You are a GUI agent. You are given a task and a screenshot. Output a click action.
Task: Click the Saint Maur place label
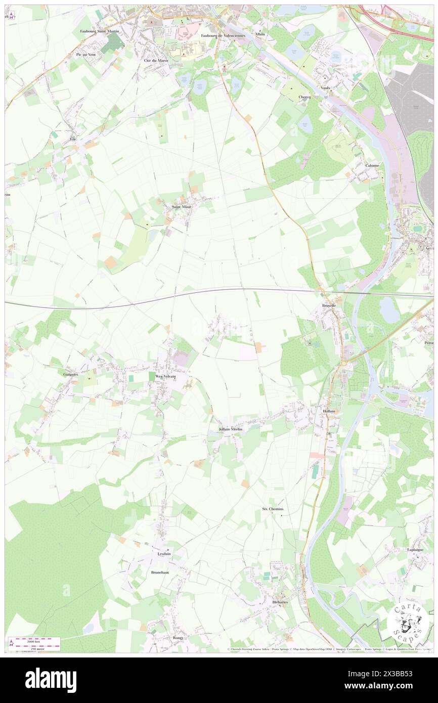181,207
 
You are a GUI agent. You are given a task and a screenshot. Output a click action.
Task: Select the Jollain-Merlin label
231,429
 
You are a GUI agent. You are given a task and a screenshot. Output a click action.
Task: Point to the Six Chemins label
273,509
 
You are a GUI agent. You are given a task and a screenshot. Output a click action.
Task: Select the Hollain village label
329,411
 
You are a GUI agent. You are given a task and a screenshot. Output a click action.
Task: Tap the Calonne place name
372,165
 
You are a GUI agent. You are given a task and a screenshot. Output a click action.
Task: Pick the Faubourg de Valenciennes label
220,35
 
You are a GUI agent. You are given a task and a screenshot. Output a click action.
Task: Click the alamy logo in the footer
51,680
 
